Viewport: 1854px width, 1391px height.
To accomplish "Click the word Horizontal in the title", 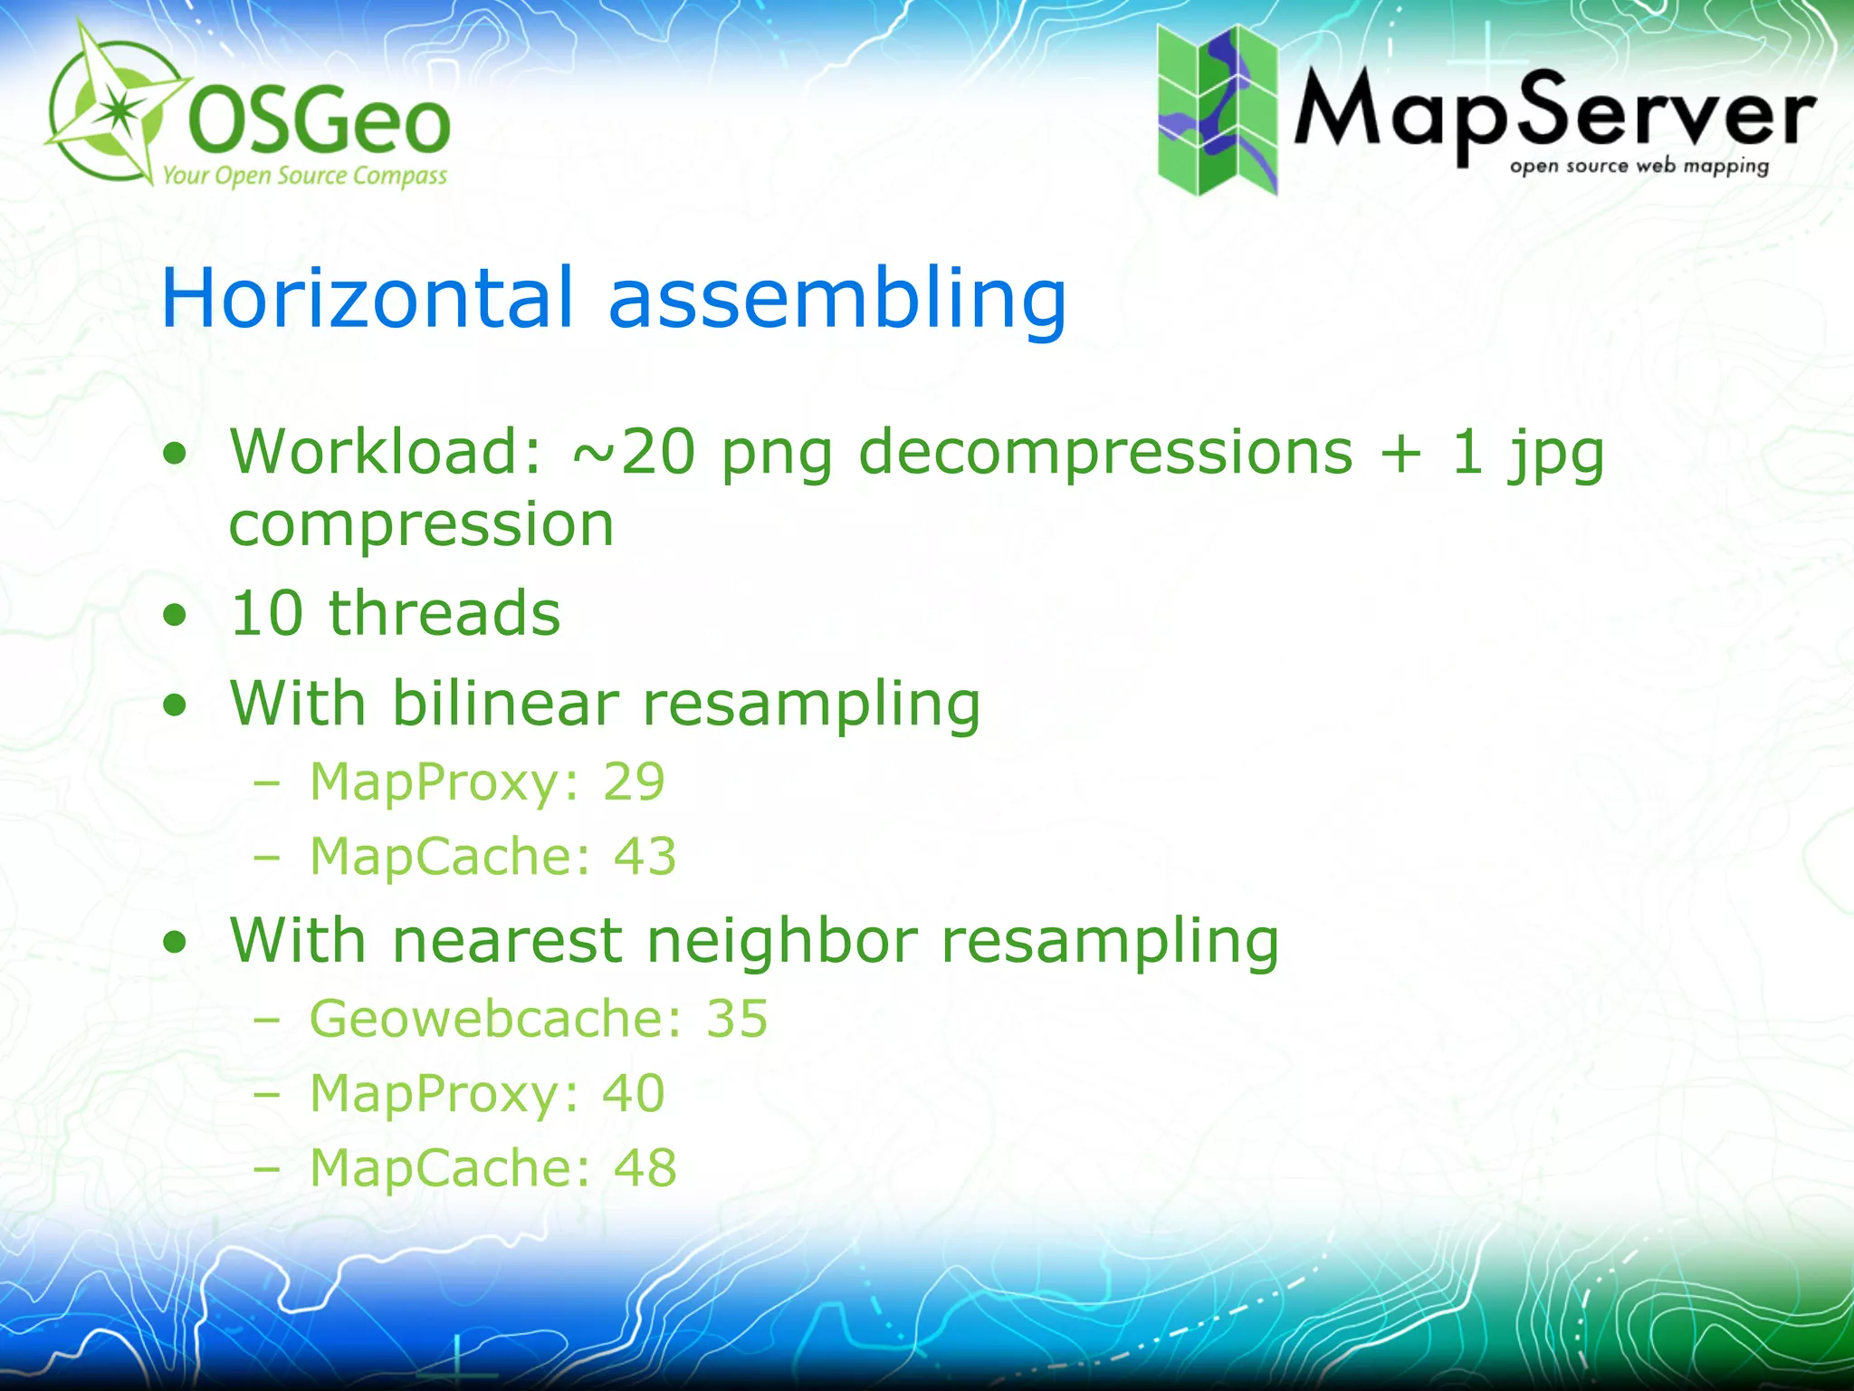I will [368, 298].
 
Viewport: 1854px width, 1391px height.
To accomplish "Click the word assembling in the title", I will [837, 300].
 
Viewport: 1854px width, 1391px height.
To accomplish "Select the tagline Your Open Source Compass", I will [304, 175].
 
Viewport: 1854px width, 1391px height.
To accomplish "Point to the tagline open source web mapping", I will [1639, 167].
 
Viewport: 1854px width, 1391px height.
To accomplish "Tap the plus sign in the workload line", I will [1400, 453].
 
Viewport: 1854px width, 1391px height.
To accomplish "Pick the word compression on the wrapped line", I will [422, 525].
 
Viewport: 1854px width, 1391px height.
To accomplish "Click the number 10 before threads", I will [267, 613].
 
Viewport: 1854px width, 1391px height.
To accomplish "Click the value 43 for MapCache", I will [645, 856].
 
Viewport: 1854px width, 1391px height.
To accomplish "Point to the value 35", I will [737, 1019].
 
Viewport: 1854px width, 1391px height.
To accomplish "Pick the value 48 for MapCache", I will [645, 1167].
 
